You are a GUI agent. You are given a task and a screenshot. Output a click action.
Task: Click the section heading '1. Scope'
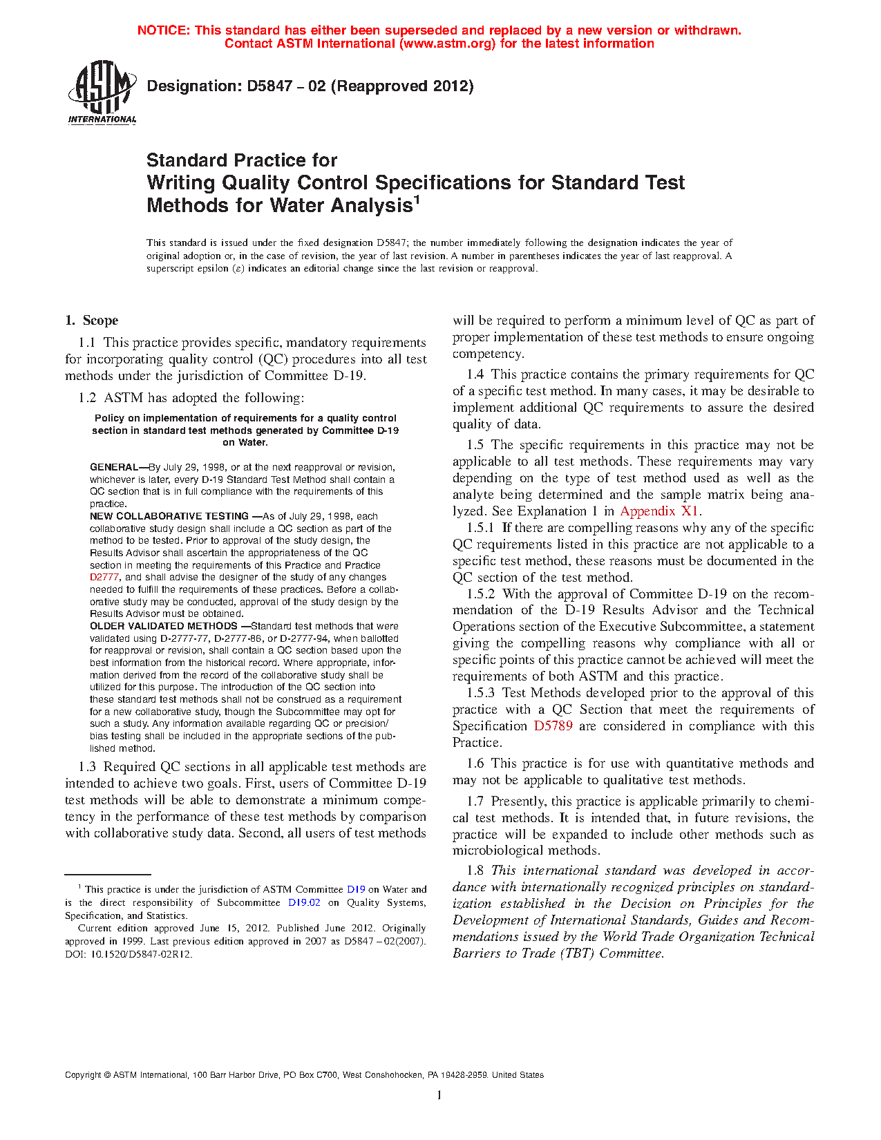[x=92, y=321]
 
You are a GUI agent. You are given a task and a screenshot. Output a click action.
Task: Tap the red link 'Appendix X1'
[x=660, y=511]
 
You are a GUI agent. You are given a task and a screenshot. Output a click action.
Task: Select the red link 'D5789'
[x=553, y=726]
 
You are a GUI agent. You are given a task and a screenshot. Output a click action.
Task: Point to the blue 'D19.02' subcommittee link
[x=304, y=902]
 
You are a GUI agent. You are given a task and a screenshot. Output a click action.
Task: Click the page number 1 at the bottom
[x=439, y=1095]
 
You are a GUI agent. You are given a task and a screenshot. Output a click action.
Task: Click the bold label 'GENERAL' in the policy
[x=114, y=467]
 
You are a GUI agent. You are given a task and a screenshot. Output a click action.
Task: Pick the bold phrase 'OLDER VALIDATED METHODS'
[x=164, y=626]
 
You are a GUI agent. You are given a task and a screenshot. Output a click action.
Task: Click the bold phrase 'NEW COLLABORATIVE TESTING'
[x=169, y=516]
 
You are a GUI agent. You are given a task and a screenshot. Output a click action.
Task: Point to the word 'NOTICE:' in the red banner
[x=164, y=30]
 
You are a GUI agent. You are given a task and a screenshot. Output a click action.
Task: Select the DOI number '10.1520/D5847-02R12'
[x=142, y=954]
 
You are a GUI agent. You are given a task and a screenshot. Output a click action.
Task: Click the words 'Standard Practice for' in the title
[x=242, y=160]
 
